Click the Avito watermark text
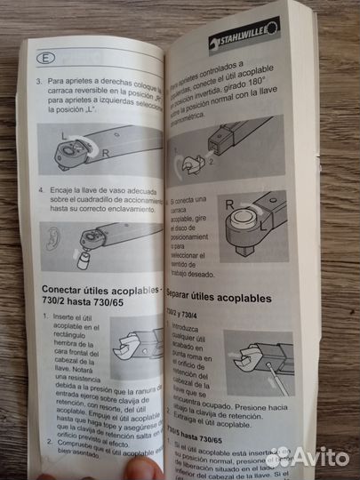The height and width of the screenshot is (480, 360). click(x=318, y=456)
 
